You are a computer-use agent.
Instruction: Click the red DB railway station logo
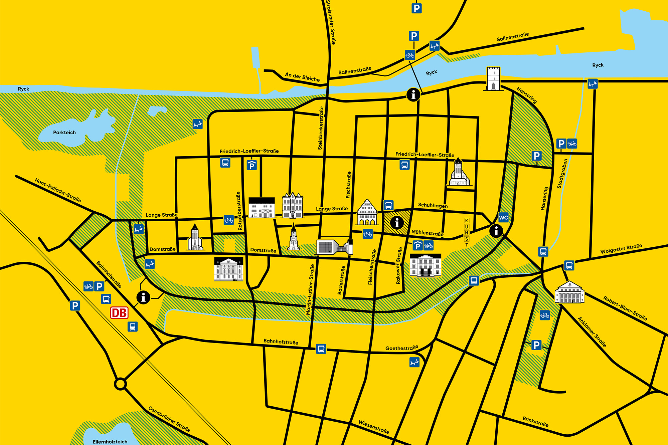click(x=119, y=313)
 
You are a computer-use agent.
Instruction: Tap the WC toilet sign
click(x=503, y=218)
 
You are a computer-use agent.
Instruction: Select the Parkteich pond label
click(x=64, y=133)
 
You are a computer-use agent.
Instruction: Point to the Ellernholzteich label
click(x=110, y=442)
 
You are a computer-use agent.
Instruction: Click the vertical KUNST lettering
click(x=467, y=233)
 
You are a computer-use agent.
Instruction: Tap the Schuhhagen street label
click(x=433, y=205)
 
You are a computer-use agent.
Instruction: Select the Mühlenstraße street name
click(x=428, y=233)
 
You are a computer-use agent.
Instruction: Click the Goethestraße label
click(x=402, y=348)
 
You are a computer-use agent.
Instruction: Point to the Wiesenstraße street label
click(x=374, y=427)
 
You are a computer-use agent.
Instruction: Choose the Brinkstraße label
click(x=535, y=422)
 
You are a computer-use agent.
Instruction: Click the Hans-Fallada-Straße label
click(x=58, y=190)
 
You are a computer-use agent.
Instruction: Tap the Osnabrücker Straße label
click(x=169, y=419)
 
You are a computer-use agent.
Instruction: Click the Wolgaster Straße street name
click(x=621, y=249)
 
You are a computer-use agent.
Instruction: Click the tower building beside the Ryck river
click(x=493, y=79)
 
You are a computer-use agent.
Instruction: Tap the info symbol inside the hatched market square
click(x=397, y=223)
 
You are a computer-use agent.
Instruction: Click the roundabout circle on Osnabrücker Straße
click(x=120, y=384)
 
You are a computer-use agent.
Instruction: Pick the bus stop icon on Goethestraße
click(x=321, y=349)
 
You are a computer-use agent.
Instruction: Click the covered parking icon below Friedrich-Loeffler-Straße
click(x=252, y=165)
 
